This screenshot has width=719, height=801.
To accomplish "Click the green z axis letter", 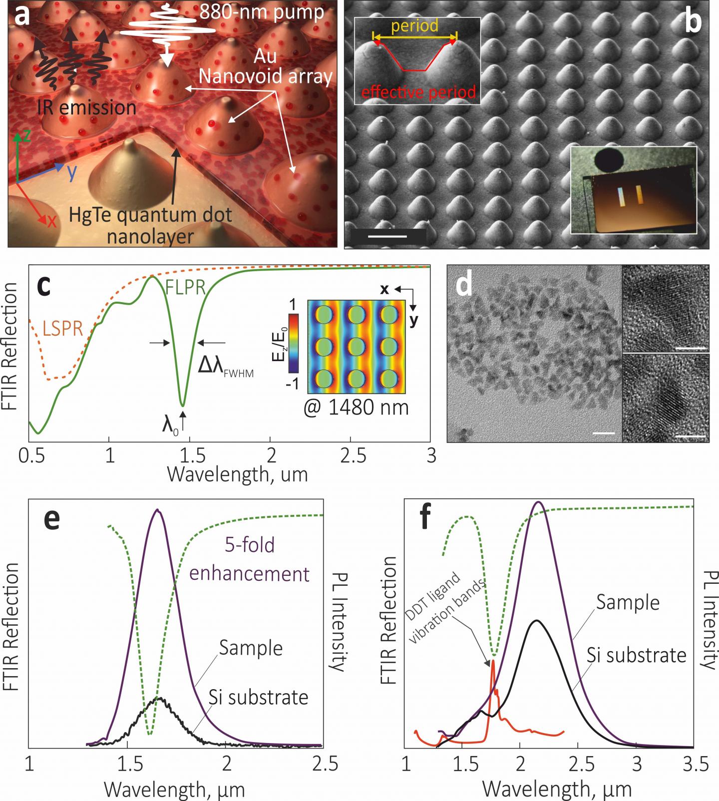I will pyautogui.click(x=27, y=137).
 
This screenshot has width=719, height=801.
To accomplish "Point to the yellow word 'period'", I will pyautogui.click(x=414, y=25).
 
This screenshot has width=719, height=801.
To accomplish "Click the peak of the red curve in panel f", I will pyautogui.click(x=493, y=661).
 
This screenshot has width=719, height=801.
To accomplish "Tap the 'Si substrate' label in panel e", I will pyautogui.click(x=258, y=697).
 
